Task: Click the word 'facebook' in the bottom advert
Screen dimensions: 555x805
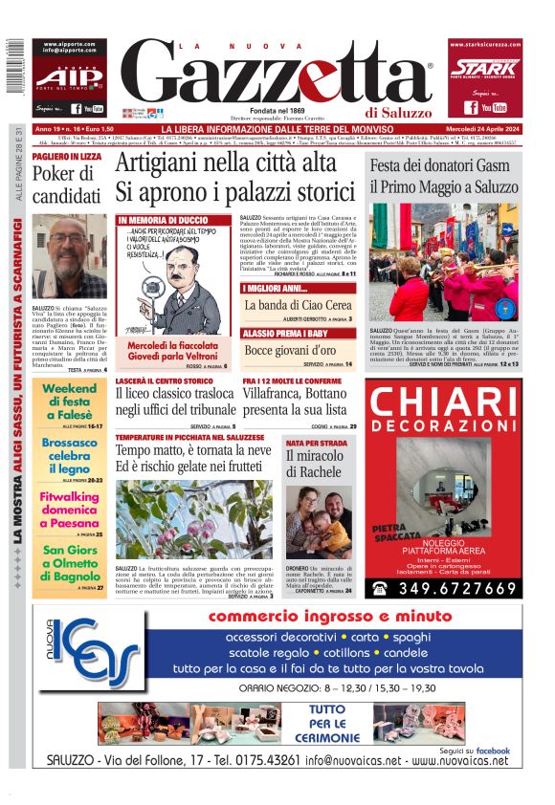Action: (492, 751)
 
